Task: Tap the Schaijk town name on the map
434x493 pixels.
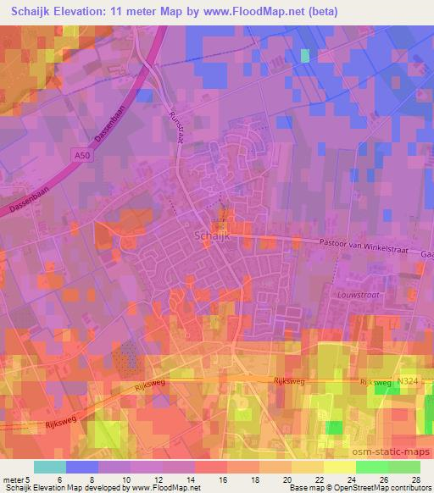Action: (x=210, y=236)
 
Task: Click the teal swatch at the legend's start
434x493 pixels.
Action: (x=49, y=467)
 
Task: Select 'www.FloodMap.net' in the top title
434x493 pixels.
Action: (x=254, y=12)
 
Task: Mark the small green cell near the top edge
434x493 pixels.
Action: (x=305, y=56)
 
